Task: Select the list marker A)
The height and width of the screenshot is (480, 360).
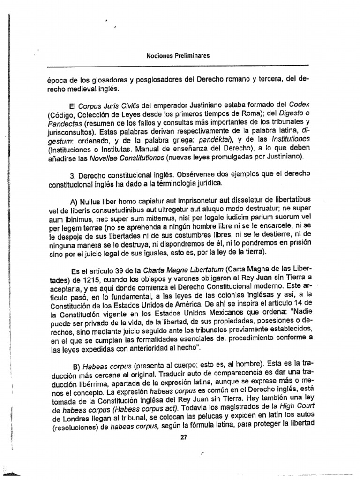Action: pyautogui.click(x=74, y=202)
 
